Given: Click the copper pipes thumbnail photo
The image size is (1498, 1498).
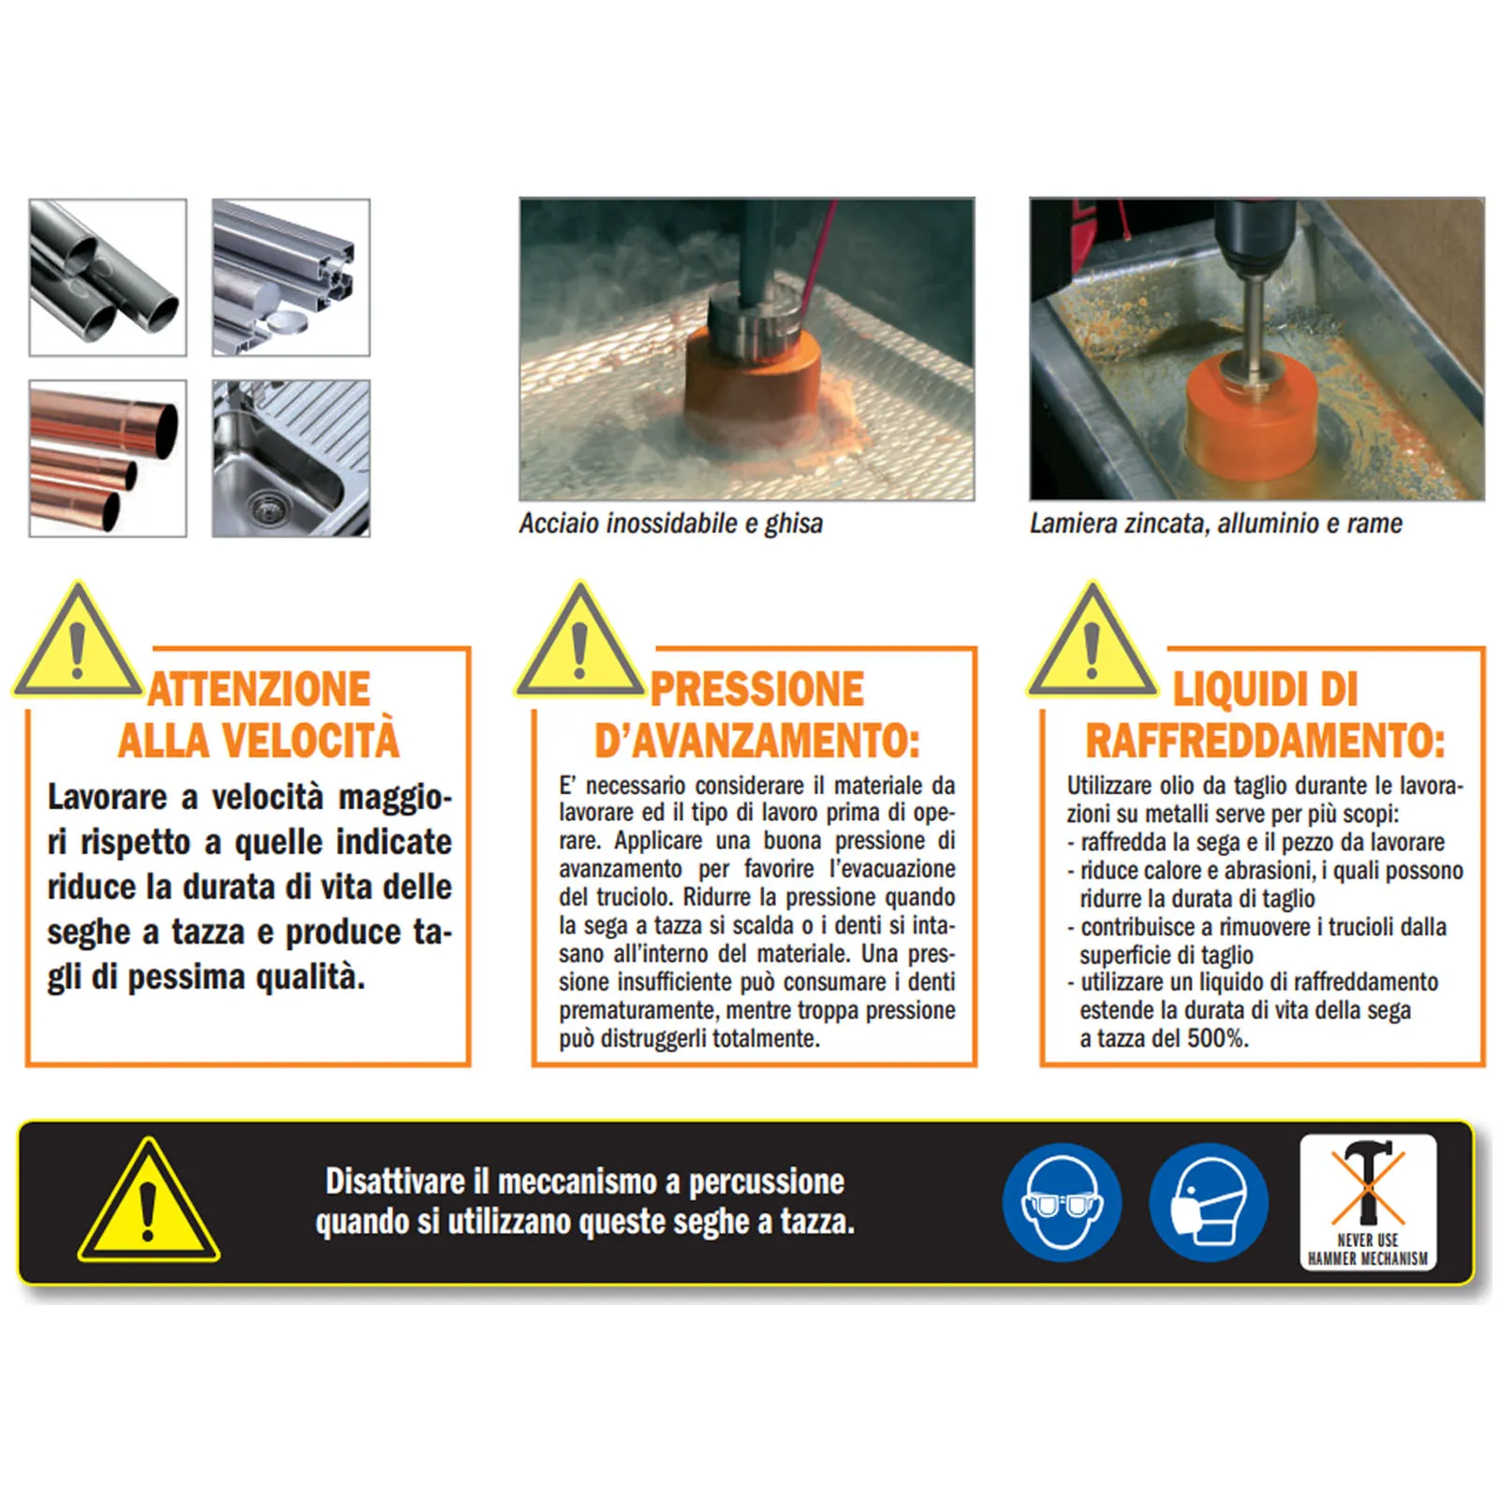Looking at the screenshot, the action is (x=108, y=459).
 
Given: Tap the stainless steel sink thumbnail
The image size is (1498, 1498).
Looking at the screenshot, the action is (x=291, y=459).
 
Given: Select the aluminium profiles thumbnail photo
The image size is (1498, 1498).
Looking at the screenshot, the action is (x=291, y=277).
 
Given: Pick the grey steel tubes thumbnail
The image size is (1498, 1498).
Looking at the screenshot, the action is (x=108, y=277).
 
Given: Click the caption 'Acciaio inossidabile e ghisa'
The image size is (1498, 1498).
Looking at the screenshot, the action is (x=671, y=523).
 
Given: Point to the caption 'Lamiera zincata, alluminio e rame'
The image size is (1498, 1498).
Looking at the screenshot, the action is (x=1216, y=523).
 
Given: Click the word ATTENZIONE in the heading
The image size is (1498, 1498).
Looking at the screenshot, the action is (x=259, y=690).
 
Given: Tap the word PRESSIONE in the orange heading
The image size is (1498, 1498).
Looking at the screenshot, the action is (x=757, y=690).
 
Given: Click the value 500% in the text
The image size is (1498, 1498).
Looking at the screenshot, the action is (x=1218, y=1038).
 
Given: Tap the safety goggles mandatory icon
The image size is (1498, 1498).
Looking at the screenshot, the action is (x=1062, y=1202).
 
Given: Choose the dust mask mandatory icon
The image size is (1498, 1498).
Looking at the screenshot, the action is (x=1209, y=1202).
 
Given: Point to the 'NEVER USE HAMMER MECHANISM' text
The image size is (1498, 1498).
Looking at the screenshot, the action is (x=1368, y=1250).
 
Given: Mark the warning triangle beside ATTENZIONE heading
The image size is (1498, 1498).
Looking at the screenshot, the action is (x=78, y=642).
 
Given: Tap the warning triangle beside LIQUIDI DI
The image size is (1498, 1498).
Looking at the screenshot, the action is (x=1092, y=642).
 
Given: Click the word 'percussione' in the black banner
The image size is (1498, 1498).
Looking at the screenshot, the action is (x=767, y=1183).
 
